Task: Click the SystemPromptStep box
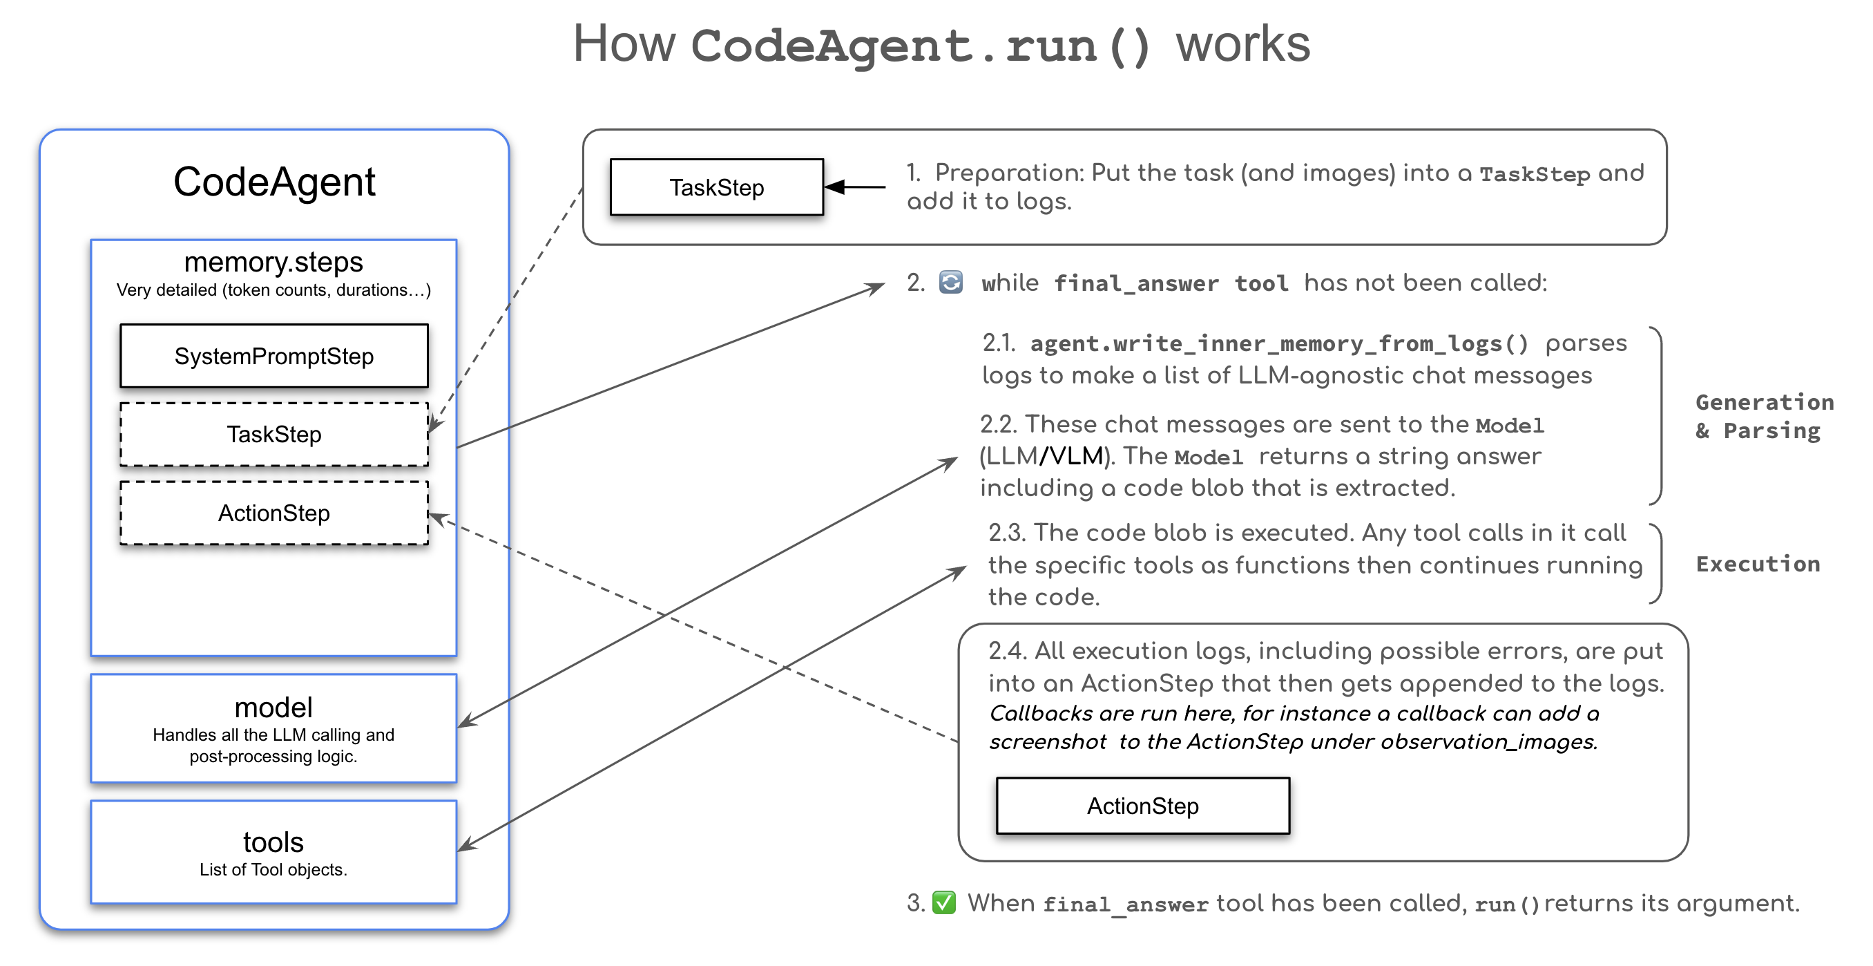273,356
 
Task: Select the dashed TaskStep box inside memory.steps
273,434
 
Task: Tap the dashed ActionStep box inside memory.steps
273,513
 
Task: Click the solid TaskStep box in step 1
716,187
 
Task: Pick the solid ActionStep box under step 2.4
1142,805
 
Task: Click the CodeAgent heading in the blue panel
273,181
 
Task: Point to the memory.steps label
273,262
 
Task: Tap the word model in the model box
273,707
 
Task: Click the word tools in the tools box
273,842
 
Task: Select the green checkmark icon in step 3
944,902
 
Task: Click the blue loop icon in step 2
950,282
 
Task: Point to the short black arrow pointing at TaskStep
855,187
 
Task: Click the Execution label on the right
1758,564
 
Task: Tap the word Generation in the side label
1764,402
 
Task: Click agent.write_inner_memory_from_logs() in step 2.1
1279,343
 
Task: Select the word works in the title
1242,44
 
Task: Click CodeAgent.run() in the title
921,46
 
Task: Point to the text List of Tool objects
273,869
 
